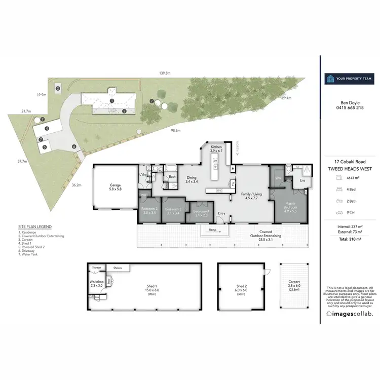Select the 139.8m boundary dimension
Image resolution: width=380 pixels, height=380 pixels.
[164, 74]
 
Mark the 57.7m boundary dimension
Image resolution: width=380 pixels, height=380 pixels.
[21, 162]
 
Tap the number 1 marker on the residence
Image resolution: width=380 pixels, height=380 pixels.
[111, 101]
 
